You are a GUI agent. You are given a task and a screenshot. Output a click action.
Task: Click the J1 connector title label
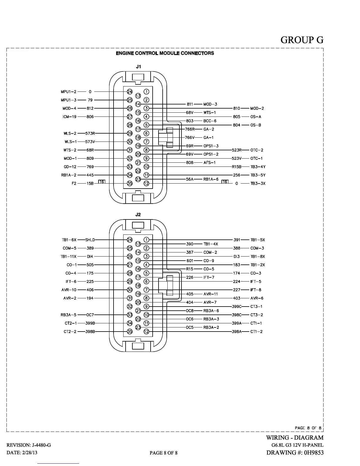click(x=138, y=67)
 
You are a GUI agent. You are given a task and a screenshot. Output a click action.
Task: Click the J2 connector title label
click(x=138, y=215)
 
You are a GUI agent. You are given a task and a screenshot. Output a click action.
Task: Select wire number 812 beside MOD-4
click(x=90, y=108)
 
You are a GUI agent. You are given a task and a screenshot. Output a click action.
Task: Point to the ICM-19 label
click(x=69, y=117)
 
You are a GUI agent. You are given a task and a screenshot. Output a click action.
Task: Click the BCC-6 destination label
click(x=210, y=121)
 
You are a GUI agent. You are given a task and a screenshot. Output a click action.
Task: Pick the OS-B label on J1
click(x=256, y=125)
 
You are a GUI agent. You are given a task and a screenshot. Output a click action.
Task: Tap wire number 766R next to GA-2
click(x=190, y=129)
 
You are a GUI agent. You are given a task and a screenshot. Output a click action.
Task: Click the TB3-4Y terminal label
click(x=258, y=167)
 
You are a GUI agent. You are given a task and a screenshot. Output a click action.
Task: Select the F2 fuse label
click(x=74, y=184)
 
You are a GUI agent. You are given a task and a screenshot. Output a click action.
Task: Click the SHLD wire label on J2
click(x=90, y=240)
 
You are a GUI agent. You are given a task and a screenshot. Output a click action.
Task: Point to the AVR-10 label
click(x=69, y=290)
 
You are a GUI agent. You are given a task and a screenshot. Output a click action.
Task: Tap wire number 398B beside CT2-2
click(x=90, y=332)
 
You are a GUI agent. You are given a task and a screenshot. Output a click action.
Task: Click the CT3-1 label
click(x=256, y=307)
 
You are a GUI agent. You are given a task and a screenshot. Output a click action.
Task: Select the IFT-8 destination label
click(x=256, y=290)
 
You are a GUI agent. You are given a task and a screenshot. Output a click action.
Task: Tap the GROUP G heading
click(x=302, y=40)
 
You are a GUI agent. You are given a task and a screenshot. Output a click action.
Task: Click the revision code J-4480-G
click(x=39, y=445)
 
